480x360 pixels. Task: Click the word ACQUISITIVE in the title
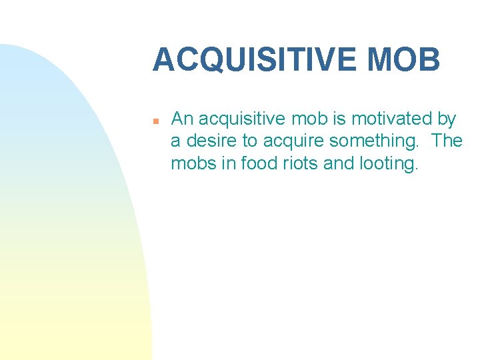tap(255, 60)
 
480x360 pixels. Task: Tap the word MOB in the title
tap(403, 60)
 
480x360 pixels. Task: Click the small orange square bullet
tap(154, 121)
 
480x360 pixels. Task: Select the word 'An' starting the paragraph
tap(182, 119)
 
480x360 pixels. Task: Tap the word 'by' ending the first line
tap(447, 120)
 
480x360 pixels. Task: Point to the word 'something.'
tap(373, 142)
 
